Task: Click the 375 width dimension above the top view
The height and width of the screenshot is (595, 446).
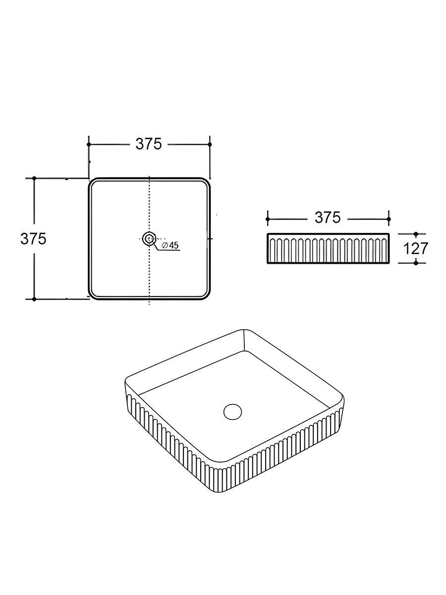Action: (x=149, y=144)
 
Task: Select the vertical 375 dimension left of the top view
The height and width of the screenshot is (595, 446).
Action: (x=34, y=239)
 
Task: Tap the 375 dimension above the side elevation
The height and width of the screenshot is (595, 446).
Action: (x=328, y=218)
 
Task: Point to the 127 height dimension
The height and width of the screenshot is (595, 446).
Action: (x=416, y=248)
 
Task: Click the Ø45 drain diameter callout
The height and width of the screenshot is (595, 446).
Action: (x=170, y=245)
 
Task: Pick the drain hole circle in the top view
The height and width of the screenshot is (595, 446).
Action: (x=149, y=238)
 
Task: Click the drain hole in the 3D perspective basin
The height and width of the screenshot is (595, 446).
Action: (x=232, y=413)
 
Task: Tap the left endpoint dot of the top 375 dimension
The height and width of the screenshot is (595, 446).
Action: (x=89, y=144)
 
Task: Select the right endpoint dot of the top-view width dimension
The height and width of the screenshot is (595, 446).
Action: (x=210, y=144)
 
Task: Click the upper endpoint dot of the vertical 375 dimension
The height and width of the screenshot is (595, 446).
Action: (x=34, y=178)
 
